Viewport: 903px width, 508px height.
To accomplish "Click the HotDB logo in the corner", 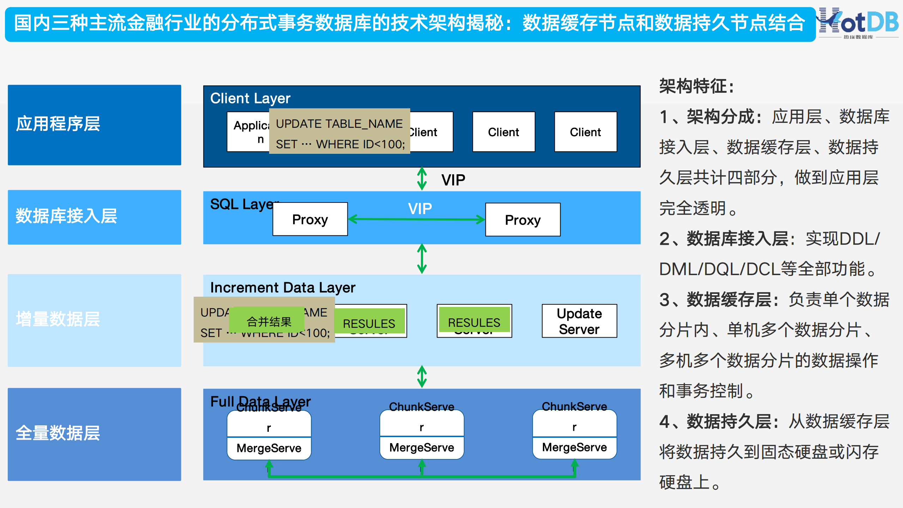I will (x=858, y=23).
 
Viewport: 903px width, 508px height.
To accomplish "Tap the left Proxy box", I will (x=310, y=219).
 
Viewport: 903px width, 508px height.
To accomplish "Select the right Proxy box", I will (x=523, y=220).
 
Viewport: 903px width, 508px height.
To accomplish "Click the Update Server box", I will (x=579, y=321).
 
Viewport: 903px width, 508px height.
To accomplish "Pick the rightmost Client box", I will (x=586, y=132).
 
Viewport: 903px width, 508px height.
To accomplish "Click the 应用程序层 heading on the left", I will (x=58, y=124).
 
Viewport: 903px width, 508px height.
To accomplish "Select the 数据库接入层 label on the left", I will (x=66, y=216).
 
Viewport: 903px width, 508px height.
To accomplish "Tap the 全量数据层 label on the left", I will (x=58, y=433).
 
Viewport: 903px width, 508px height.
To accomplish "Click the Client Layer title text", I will (x=250, y=98).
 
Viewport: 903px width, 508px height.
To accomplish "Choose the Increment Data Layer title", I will (x=283, y=288).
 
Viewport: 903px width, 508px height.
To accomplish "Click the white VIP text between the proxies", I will (x=420, y=208).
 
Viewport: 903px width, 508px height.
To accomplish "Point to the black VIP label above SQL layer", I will (x=453, y=180).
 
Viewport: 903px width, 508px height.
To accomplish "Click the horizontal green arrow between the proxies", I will (x=416, y=219).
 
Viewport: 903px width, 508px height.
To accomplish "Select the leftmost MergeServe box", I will (x=269, y=448).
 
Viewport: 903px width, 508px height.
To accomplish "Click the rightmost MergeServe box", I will (x=574, y=448).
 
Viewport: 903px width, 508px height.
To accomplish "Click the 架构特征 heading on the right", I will (x=697, y=86).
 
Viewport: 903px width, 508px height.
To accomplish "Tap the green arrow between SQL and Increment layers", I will (x=422, y=259).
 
